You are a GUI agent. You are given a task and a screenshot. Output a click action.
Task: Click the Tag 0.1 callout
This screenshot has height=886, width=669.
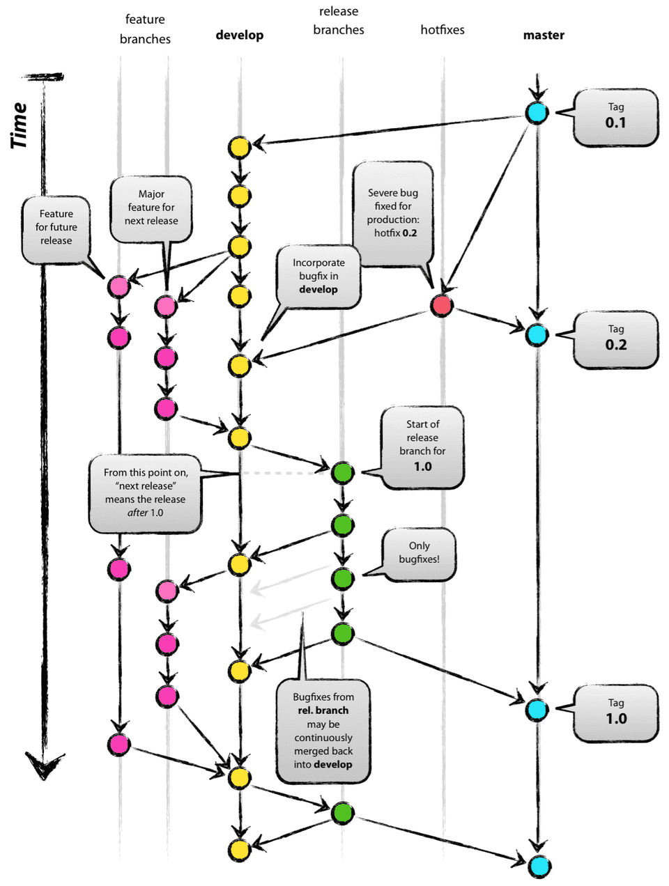click(615, 116)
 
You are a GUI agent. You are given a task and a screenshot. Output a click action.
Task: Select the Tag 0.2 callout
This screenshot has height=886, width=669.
click(615, 339)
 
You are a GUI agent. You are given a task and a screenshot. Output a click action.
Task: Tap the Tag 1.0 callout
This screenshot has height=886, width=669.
click(615, 712)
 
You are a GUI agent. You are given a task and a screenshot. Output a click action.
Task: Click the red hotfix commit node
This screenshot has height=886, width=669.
click(441, 305)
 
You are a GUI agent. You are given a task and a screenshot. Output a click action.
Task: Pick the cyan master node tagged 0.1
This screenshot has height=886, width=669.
click(537, 112)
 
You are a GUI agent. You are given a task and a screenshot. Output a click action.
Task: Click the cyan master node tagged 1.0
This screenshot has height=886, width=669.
click(537, 710)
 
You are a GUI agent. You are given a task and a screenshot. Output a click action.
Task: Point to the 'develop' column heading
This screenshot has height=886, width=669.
click(239, 35)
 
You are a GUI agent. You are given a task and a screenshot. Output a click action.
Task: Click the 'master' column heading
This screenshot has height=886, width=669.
click(544, 35)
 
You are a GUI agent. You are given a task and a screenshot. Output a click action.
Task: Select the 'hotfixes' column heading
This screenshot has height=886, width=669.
click(442, 30)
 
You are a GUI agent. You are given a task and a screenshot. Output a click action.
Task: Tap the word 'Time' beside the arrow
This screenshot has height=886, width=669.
click(20, 125)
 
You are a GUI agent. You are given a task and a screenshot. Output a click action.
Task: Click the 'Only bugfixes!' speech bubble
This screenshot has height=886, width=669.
click(419, 553)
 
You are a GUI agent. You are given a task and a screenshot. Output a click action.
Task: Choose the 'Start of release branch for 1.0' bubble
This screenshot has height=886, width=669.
click(422, 446)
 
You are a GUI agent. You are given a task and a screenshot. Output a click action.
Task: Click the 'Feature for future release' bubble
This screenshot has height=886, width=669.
click(56, 228)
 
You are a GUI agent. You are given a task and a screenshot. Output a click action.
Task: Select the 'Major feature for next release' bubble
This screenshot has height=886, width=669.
click(151, 208)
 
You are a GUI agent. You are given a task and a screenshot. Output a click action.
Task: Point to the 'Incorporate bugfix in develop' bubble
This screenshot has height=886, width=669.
click(318, 276)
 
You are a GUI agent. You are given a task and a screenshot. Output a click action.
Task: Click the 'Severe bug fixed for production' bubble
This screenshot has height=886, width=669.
click(393, 213)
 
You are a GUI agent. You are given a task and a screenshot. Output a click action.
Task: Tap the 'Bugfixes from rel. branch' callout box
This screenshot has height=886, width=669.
click(323, 731)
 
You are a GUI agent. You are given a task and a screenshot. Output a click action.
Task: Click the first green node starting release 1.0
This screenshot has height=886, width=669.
click(342, 472)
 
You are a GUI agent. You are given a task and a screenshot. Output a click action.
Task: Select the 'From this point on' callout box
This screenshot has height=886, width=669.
click(146, 492)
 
